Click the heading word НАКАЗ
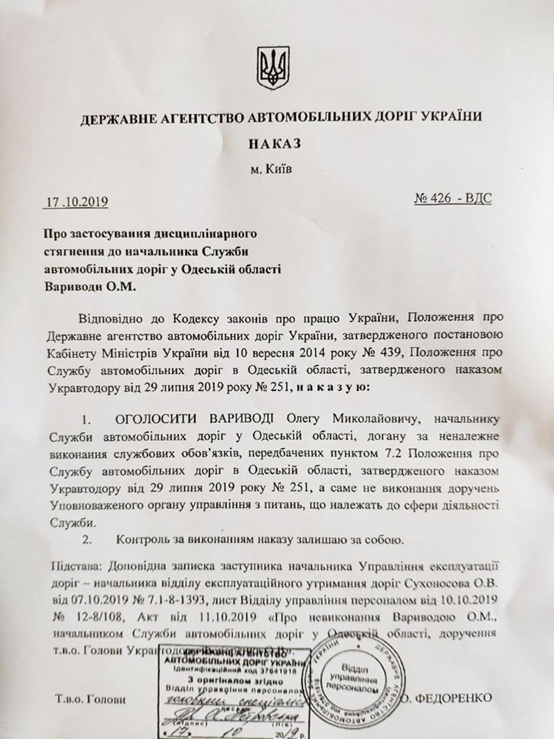click(x=274, y=143)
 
